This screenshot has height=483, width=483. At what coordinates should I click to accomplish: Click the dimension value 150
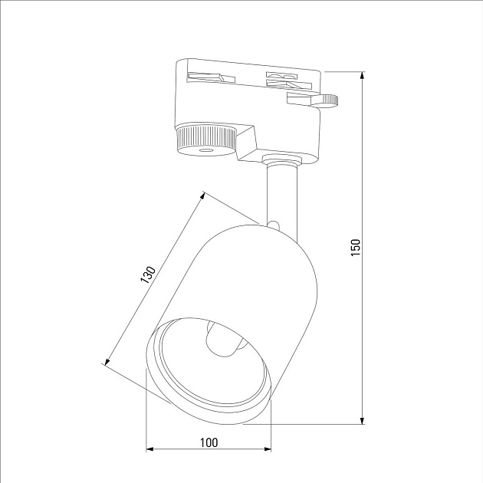tap(355, 247)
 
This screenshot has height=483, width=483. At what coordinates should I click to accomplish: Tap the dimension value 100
tap(209, 442)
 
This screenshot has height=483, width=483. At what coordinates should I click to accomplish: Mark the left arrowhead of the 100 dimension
tap(150, 449)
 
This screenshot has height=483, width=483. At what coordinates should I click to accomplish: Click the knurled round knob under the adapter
tap(204, 140)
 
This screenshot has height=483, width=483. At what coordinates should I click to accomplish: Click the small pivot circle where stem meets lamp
tap(274, 223)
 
